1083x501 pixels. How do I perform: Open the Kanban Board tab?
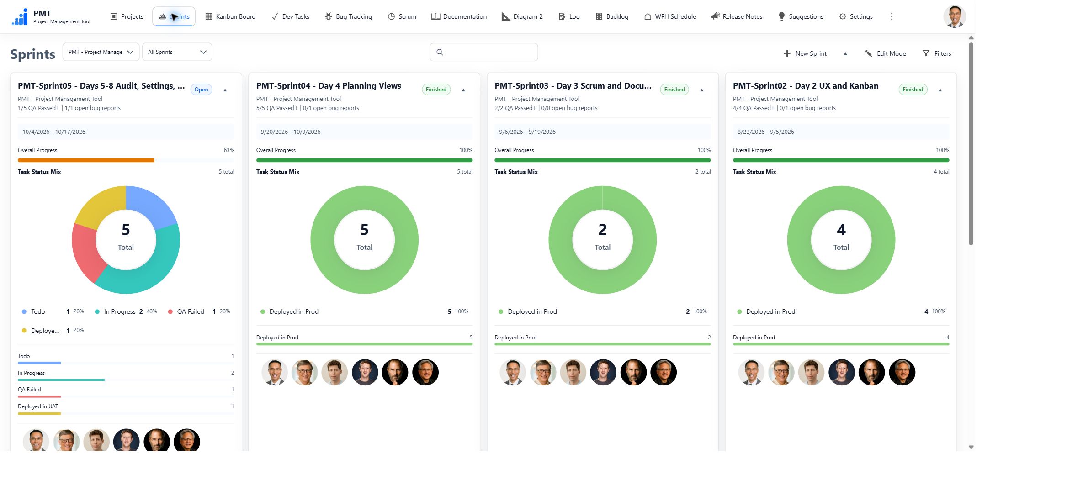(230, 16)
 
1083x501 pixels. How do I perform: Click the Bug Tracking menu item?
(348, 16)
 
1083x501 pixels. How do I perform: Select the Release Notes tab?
(737, 16)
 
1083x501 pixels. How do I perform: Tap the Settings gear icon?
(843, 16)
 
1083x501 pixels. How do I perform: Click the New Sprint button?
(805, 53)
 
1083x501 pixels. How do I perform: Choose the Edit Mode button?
(886, 53)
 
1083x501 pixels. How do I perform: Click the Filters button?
(937, 53)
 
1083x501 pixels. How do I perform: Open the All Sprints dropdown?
(177, 52)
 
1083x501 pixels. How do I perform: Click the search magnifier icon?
(440, 52)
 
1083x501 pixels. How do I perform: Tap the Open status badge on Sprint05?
(201, 90)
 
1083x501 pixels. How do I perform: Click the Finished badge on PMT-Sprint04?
(436, 90)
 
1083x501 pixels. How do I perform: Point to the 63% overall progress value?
(229, 150)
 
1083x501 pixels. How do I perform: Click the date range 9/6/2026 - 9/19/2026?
(527, 132)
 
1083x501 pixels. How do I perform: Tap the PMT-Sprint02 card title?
(806, 86)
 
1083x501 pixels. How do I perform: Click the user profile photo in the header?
(955, 17)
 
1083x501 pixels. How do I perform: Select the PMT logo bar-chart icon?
(20, 17)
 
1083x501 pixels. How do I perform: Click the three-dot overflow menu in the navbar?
(891, 16)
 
